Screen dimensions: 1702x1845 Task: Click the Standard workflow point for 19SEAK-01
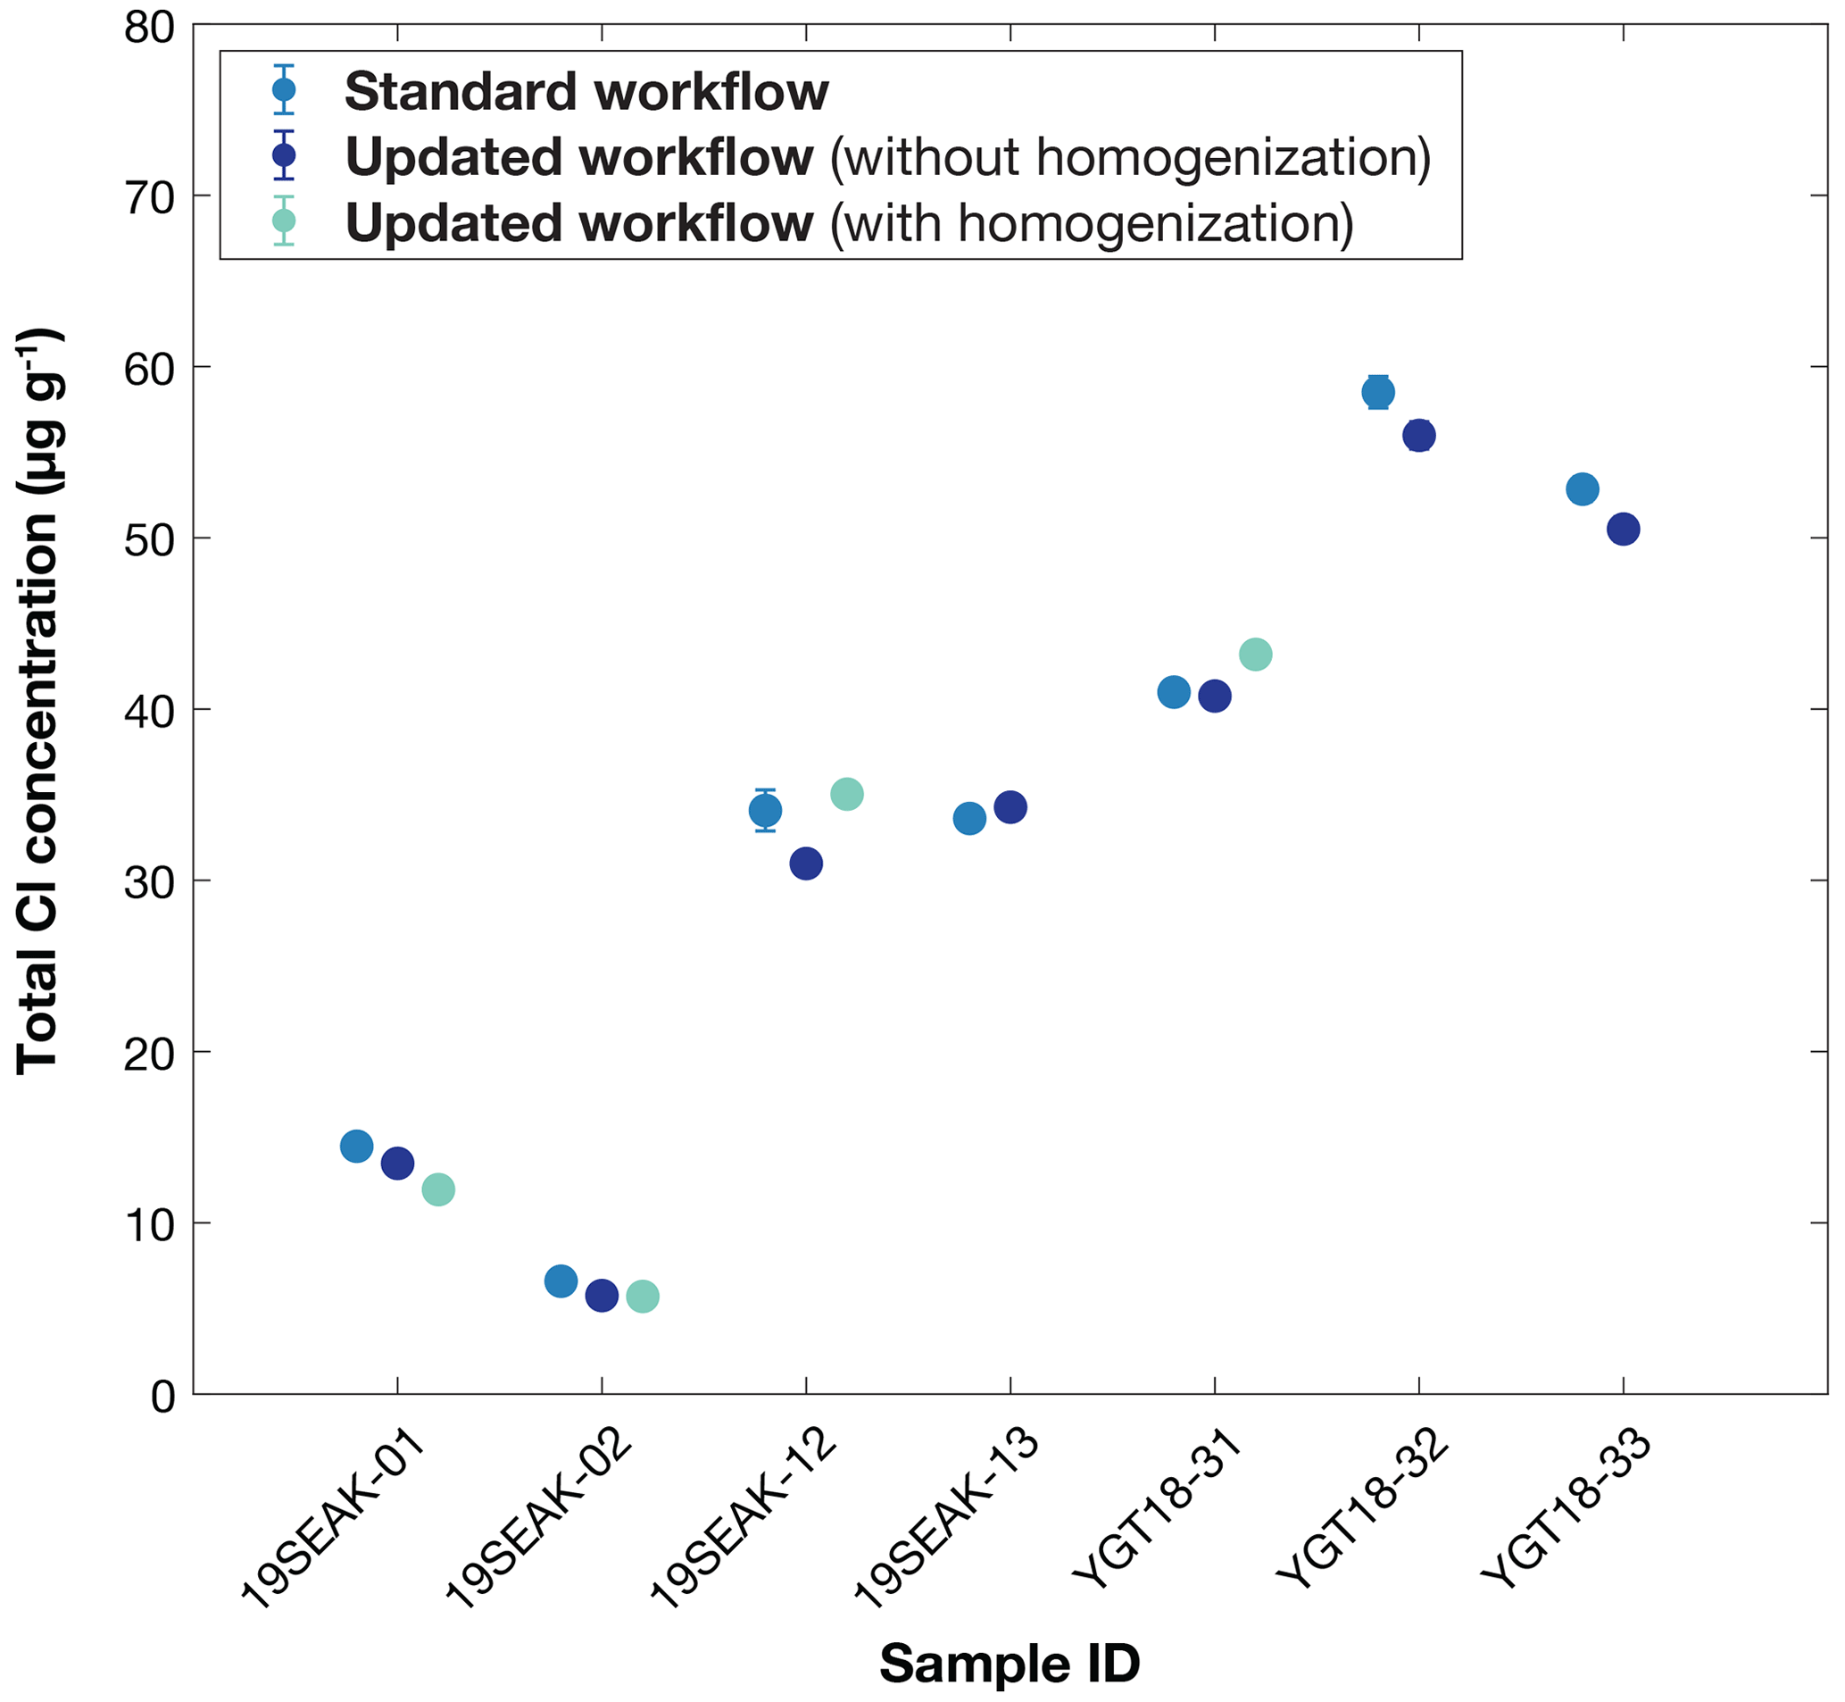[x=356, y=1147]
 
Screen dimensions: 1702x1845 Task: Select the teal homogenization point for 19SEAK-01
[x=438, y=1190]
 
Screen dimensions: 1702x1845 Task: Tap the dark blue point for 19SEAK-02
[x=602, y=1296]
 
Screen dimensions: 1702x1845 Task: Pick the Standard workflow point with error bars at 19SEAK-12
[x=765, y=812]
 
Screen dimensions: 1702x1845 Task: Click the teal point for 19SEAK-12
[x=847, y=794]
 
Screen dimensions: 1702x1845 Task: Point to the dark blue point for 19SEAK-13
[x=1010, y=808]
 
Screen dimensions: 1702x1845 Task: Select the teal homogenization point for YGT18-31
[x=1256, y=655]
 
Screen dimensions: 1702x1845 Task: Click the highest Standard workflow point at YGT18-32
[x=1378, y=392]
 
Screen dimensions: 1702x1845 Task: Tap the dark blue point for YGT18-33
[x=1623, y=530]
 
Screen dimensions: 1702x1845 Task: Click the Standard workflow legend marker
[x=285, y=89]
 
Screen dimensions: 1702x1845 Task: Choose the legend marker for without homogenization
[x=285, y=154]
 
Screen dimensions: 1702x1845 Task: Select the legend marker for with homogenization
[x=285, y=221]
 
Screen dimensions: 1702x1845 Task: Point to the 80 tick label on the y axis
[x=149, y=28]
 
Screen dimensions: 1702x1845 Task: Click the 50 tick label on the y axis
[x=149, y=539]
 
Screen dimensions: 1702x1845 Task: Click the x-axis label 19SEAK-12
[x=744, y=1520]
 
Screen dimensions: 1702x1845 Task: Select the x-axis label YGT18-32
[x=1363, y=1510]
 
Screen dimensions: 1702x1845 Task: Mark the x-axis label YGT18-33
[x=1567, y=1510]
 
